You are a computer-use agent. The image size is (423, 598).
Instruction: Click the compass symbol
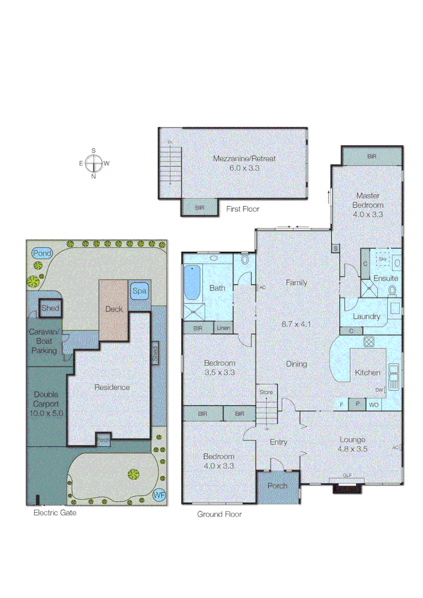tap(93, 163)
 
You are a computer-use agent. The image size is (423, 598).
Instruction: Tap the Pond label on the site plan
tap(42, 253)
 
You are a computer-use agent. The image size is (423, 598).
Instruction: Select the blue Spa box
tap(138, 291)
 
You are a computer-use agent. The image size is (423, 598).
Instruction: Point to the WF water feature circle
tap(159, 494)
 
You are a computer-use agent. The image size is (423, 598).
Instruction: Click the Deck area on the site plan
tap(114, 309)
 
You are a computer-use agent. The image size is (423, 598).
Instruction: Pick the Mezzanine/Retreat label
tap(244, 158)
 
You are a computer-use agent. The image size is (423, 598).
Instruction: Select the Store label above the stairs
tap(267, 393)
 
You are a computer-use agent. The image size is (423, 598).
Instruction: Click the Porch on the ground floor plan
tap(278, 486)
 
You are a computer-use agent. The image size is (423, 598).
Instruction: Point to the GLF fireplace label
tap(347, 476)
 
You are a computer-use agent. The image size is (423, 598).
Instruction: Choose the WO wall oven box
tap(374, 405)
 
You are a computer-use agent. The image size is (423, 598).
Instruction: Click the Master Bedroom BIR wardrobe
tap(372, 157)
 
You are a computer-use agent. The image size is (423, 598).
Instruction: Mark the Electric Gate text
tap(55, 513)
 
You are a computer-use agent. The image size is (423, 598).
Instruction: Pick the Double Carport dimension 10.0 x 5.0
tap(50, 413)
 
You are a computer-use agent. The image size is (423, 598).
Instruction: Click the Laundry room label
tap(367, 316)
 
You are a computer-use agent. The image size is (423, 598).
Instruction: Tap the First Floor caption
tap(243, 209)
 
